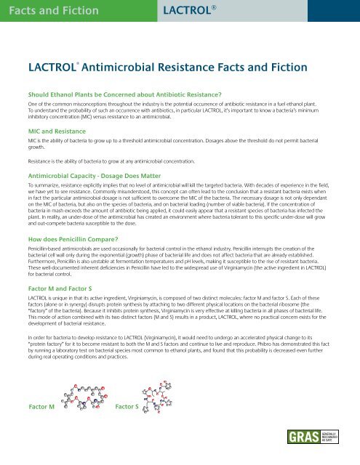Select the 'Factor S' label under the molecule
tap(130, 427)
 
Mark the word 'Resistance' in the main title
tap(196, 68)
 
